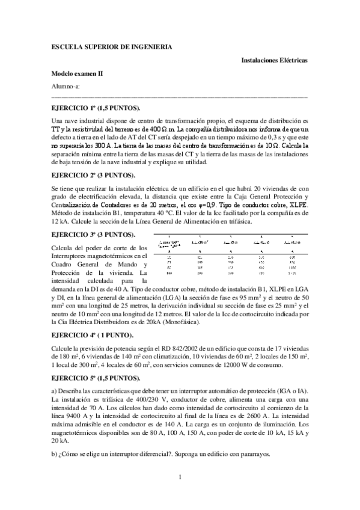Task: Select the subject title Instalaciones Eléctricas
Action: click(x=274, y=61)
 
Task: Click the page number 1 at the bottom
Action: click(x=180, y=477)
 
